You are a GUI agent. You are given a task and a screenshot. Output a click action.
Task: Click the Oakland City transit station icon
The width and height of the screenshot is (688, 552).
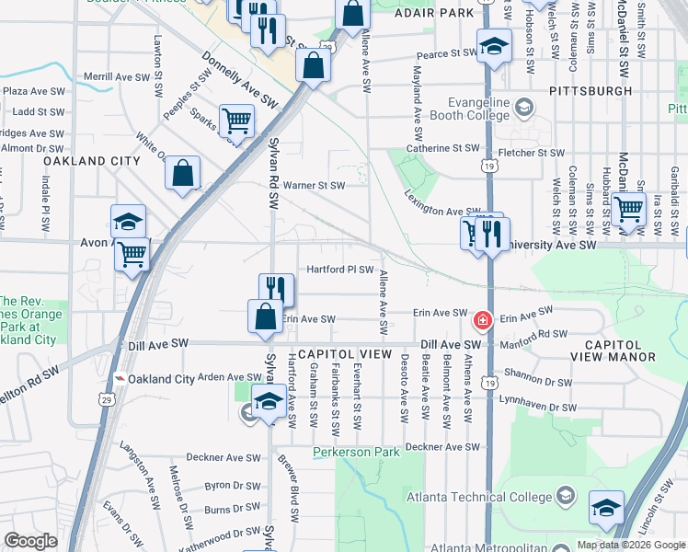click(120, 379)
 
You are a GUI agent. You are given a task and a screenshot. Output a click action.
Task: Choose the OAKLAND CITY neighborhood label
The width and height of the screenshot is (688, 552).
click(91, 161)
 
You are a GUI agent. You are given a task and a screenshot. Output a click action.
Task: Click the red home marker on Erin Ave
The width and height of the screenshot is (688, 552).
click(481, 321)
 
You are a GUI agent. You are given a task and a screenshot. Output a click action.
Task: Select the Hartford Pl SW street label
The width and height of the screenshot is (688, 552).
click(339, 270)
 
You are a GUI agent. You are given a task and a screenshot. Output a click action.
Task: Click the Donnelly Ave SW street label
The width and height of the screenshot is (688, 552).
click(240, 83)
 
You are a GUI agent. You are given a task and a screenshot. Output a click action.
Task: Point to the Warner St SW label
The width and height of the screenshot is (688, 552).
click(313, 185)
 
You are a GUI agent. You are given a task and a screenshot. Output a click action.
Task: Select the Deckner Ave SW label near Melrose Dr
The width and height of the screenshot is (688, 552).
click(224, 456)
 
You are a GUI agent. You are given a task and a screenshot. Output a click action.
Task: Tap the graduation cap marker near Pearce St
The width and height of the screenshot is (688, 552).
click(494, 46)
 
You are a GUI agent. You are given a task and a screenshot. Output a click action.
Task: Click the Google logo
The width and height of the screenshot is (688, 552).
click(31, 541)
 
